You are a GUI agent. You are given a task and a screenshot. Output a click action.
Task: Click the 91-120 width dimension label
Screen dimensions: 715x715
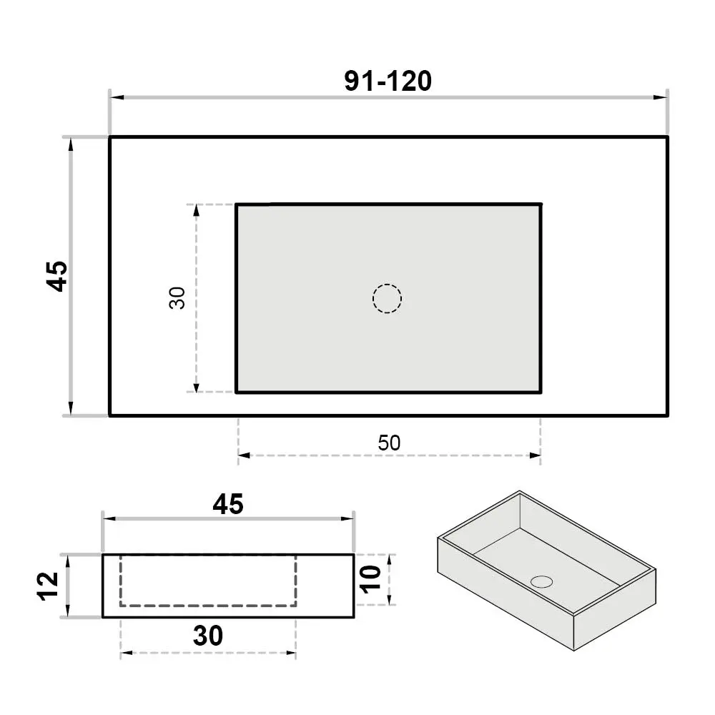pyautogui.click(x=388, y=82)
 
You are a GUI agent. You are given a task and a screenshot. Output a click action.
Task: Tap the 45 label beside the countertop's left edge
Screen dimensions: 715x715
pyautogui.click(x=57, y=276)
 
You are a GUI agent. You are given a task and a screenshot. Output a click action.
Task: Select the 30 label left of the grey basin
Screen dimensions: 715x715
pyautogui.click(x=177, y=297)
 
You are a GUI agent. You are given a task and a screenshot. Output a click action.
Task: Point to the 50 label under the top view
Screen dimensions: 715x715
pyautogui.click(x=389, y=443)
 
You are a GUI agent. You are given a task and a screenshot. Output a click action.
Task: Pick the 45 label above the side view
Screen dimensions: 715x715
pyautogui.click(x=228, y=504)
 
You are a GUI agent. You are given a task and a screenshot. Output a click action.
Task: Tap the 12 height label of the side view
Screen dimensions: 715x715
pyautogui.click(x=48, y=586)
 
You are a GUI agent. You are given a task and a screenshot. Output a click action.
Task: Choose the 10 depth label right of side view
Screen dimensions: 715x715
pyautogui.click(x=370, y=580)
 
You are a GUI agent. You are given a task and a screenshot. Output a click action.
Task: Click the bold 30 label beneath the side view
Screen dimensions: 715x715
pyautogui.click(x=208, y=636)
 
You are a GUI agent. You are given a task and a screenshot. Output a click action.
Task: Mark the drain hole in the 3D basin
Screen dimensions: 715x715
pyautogui.click(x=542, y=581)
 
